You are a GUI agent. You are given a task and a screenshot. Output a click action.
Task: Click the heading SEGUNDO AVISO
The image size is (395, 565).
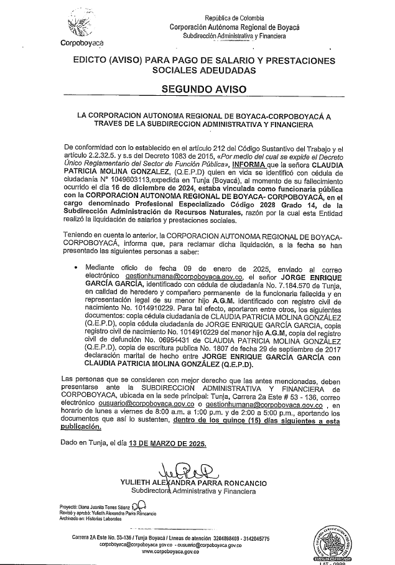tap(203, 89)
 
